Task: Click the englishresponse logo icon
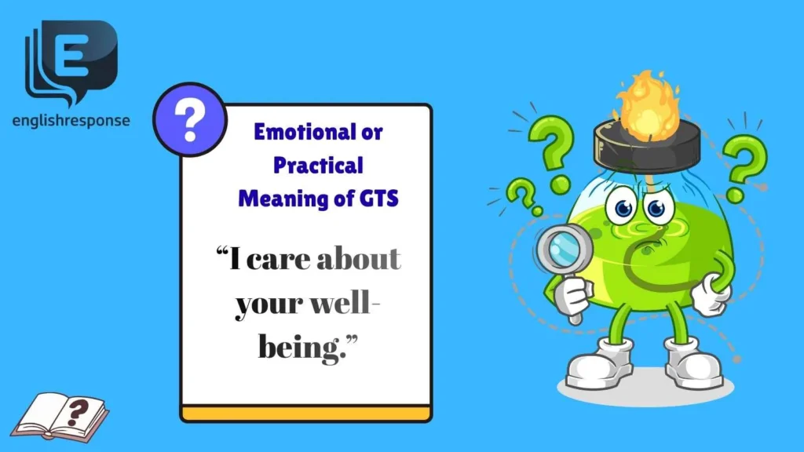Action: pos(71,61)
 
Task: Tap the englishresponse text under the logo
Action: pos(71,121)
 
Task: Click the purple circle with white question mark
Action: pos(188,120)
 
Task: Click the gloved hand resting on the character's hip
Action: pos(713,297)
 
